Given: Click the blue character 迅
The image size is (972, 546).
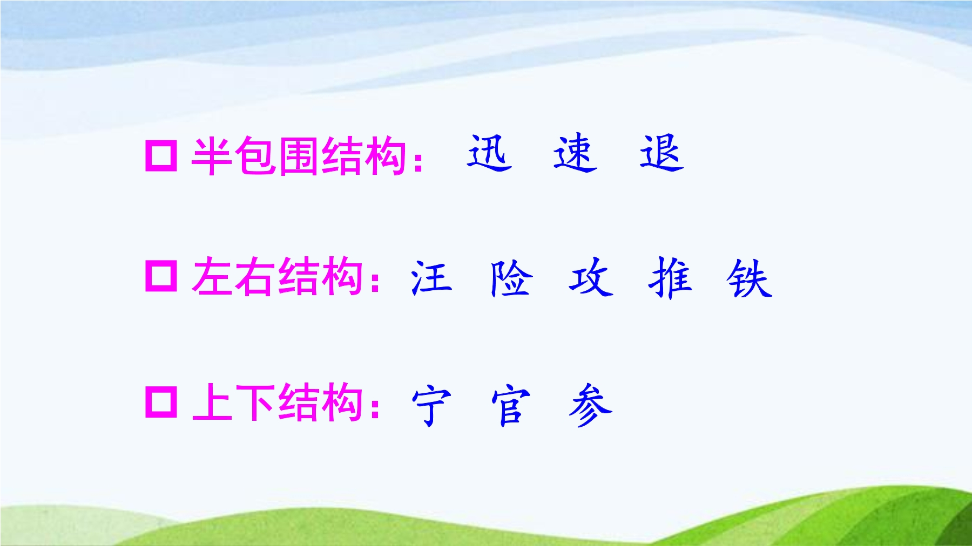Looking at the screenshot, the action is [x=489, y=153].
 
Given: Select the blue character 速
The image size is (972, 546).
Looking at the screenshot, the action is [x=575, y=153].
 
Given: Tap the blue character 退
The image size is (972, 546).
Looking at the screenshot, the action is [x=661, y=153].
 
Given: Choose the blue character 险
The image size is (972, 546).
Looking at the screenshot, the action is [x=511, y=278].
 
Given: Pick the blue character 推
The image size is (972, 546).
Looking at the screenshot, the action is [x=670, y=278].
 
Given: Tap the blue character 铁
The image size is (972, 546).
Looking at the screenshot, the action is [x=750, y=278].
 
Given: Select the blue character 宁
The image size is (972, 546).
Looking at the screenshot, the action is [x=431, y=405].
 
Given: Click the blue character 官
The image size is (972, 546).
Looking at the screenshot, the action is [x=511, y=405].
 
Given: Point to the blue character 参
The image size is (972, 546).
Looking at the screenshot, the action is [x=590, y=405].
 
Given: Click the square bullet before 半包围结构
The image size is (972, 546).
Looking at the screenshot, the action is [x=161, y=156].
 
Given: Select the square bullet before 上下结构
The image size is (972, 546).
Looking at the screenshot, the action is [x=161, y=402].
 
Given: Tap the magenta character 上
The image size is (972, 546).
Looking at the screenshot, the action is [x=213, y=402].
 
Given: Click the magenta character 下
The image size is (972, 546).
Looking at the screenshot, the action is [x=255, y=402].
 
